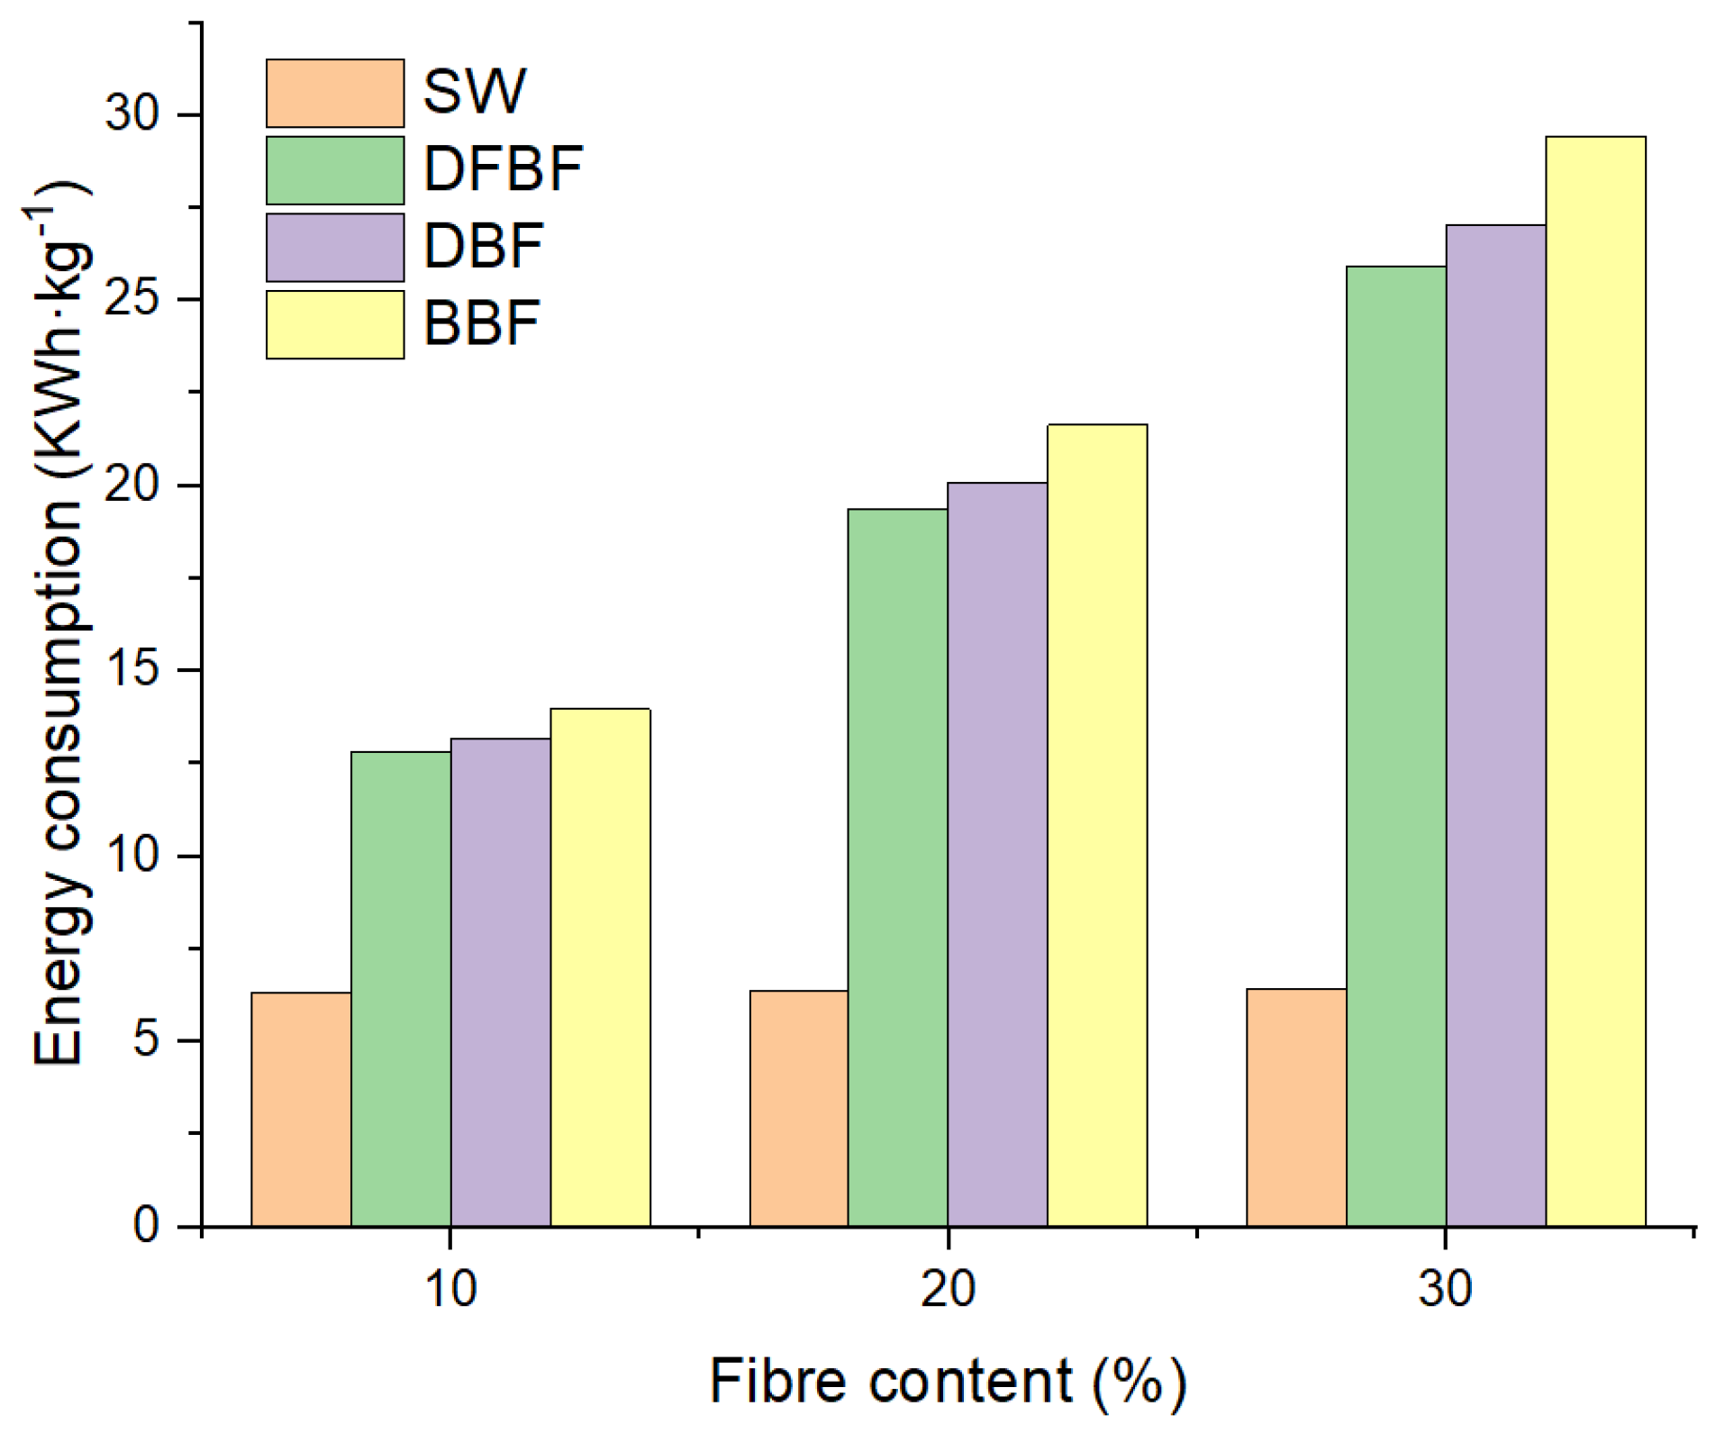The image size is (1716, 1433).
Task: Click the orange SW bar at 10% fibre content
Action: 301,1109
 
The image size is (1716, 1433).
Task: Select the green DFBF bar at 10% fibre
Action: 401,988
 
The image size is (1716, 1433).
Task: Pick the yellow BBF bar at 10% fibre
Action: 600,967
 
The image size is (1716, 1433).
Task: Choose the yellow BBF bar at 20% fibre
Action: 1097,825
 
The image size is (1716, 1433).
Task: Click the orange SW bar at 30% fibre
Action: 1296,1107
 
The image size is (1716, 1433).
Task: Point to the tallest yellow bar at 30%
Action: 1595,681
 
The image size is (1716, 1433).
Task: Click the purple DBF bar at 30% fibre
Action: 1495,725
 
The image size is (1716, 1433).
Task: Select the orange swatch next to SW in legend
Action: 334,94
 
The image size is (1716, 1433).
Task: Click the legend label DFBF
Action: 503,169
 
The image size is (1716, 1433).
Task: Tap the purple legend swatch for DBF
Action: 334,248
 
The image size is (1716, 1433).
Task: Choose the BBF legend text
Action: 481,323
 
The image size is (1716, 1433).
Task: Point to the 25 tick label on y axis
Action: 132,299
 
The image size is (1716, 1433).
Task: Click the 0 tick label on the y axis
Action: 146,1226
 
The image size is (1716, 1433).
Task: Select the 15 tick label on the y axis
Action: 132,670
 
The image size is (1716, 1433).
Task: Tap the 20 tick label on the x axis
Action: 947,1288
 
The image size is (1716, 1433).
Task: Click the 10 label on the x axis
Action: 449,1288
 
